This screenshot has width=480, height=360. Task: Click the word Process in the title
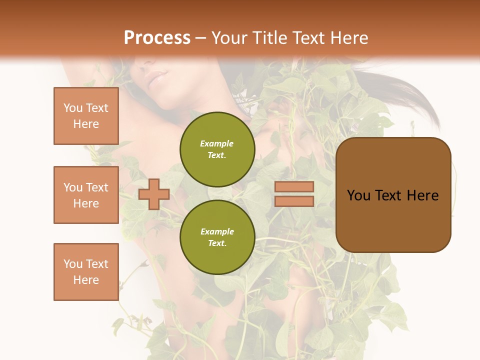157,38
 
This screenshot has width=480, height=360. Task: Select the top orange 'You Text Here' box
86,116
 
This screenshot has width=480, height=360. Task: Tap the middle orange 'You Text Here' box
86,195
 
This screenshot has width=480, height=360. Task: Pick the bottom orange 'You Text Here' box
86,272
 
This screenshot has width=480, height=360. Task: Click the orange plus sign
154,194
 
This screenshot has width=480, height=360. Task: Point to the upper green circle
217,149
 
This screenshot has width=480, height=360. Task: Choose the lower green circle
217,237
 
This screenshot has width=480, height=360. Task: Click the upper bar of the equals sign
294,186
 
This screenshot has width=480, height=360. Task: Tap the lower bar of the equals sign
294,201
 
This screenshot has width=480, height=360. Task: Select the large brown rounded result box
393,220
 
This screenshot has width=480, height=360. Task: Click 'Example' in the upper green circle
217,143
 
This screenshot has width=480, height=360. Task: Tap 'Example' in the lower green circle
217,231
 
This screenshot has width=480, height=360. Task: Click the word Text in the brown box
389,195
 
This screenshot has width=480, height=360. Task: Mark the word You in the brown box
358,195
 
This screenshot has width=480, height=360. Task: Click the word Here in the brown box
423,195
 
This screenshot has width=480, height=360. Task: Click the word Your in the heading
229,38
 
